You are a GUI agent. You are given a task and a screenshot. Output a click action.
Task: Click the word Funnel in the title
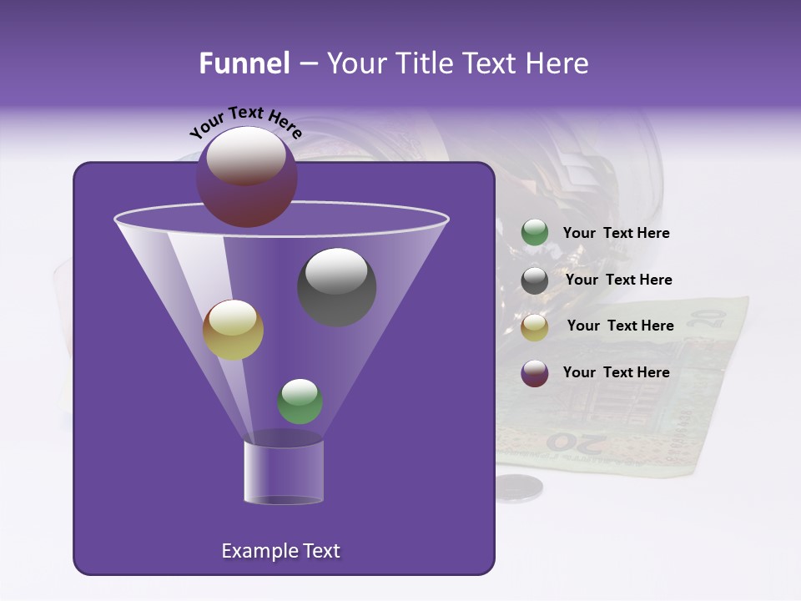[x=244, y=63]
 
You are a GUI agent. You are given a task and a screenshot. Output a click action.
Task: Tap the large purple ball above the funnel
[x=246, y=177]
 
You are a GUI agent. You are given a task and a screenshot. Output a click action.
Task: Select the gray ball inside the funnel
[x=337, y=287]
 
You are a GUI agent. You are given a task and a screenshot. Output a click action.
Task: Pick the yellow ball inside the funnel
[x=233, y=330]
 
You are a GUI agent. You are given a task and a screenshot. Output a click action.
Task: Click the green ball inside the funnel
[x=300, y=402]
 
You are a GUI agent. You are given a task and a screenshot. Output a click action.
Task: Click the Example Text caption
[x=280, y=551]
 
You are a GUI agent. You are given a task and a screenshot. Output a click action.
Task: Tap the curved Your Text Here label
[x=245, y=123]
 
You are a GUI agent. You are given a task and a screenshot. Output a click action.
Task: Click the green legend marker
[x=535, y=233]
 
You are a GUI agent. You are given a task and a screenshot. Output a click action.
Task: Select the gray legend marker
[x=535, y=280]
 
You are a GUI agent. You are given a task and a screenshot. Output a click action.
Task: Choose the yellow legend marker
[x=535, y=327]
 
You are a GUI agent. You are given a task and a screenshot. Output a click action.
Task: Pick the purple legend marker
[x=535, y=373]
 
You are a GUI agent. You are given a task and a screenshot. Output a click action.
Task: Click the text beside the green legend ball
[x=616, y=234]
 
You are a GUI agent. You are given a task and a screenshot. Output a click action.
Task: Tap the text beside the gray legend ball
[x=618, y=280]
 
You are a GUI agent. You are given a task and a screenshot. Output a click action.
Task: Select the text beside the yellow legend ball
[x=620, y=326]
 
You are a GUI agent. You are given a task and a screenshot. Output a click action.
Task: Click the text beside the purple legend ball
[x=616, y=372]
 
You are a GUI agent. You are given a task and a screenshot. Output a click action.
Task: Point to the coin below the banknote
[x=518, y=487]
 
